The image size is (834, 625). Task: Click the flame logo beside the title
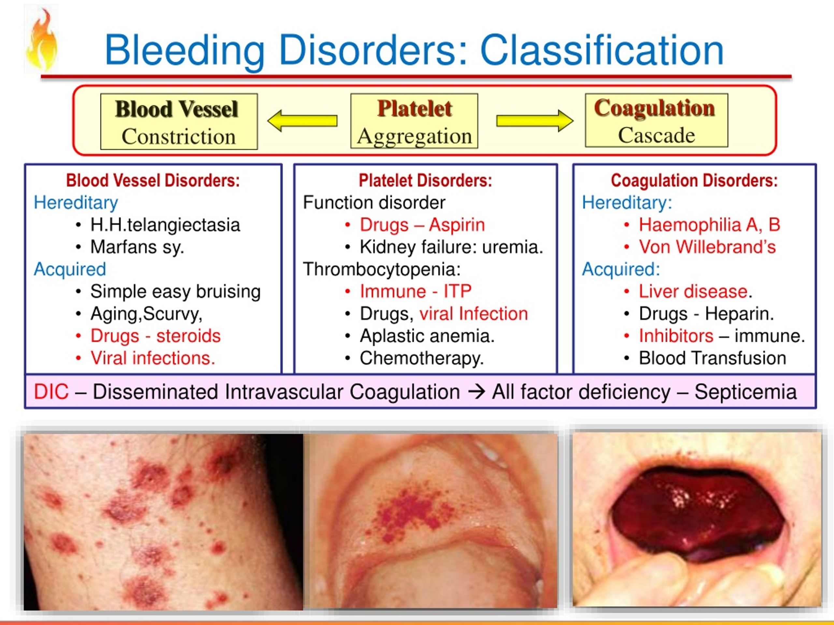click(x=42, y=40)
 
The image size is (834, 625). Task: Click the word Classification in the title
click(x=602, y=50)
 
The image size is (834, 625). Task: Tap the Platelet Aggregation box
click(x=414, y=121)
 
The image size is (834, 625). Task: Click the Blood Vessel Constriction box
click(x=179, y=122)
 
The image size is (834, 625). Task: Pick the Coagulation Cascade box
click(x=656, y=120)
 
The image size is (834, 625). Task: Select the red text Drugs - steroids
click(x=155, y=336)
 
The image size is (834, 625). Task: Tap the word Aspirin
click(x=457, y=225)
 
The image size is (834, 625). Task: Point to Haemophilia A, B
click(x=709, y=225)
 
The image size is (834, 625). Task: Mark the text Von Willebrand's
click(x=707, y=247)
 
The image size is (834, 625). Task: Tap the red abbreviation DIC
click(x=51, y=392)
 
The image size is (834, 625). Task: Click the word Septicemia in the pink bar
click(x=745, y=392)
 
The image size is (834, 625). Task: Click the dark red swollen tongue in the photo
click(x=697, y=510)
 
